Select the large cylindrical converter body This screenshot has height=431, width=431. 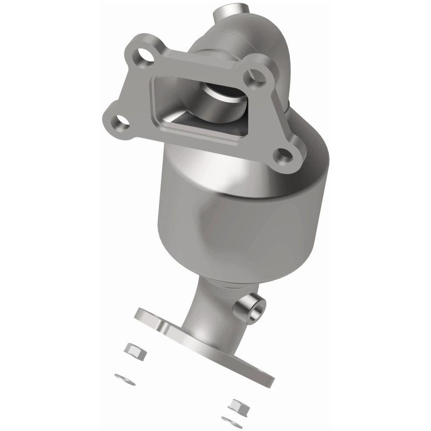pyautogui.click(x=237, y=215)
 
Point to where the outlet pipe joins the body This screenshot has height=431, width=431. pyautogui.click(x=215, y=282)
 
